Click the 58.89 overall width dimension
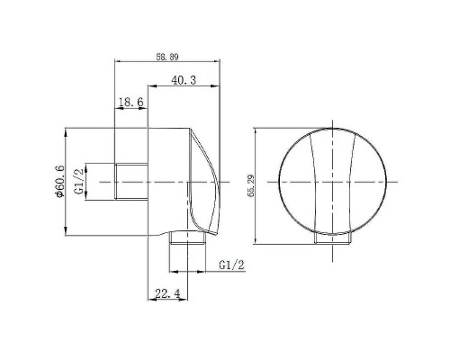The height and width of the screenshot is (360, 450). tap(166, 57)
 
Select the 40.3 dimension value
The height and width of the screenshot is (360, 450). tap(184, 81)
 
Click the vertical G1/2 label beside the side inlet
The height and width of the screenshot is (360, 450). tap(78, 181)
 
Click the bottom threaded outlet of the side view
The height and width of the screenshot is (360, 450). tap(187, 239)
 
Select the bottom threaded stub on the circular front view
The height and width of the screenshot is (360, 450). tap(332, 238)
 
